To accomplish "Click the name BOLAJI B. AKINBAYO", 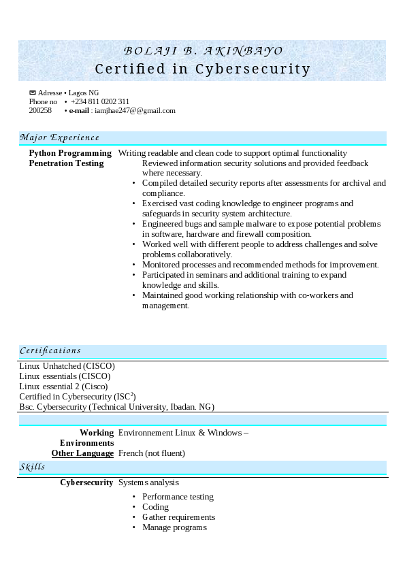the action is (202, 51).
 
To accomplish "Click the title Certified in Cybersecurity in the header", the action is (202, 69).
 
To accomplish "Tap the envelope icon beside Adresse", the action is (32, 93).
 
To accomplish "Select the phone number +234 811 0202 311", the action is (100, 101).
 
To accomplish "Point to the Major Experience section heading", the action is (59, 137).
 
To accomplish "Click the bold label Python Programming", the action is (70, 153).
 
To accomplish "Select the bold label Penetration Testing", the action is (66, 163).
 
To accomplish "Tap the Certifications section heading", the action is (50, 351).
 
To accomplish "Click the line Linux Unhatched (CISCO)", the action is (67, 366).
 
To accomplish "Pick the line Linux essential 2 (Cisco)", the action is (63, 387).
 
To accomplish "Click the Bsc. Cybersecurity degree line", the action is (116, 407).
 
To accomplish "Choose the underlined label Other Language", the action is (82, 453).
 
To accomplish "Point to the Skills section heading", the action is (32, 467).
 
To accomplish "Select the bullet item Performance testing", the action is (178, 497).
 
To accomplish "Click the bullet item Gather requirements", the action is (178, 517).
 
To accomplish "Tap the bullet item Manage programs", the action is (174, 527).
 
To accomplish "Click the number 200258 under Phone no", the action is (40, 110).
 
